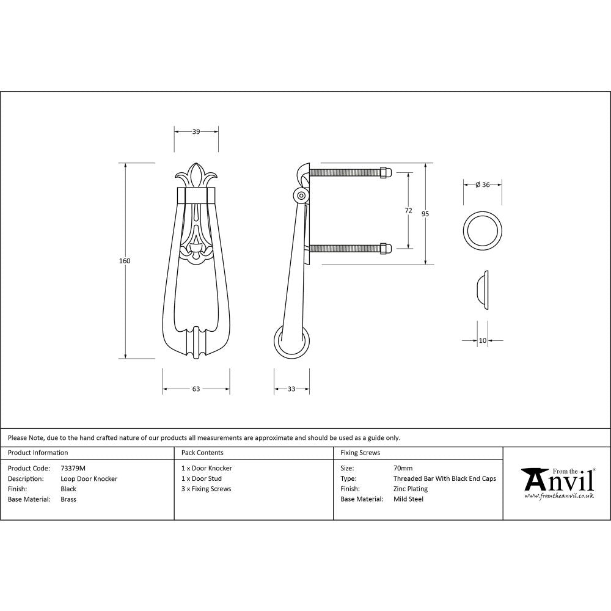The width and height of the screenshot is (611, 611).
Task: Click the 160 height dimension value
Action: coord(125,261)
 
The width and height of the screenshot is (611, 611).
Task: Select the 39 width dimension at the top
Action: coord(196,131)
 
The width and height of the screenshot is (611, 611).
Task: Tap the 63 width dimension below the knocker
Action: coord(196,389)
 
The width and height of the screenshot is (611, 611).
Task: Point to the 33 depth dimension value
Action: coord(291,389)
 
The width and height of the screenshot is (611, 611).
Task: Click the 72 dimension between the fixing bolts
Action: coord(408,211)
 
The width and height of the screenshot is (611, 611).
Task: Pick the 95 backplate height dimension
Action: coord(425,214)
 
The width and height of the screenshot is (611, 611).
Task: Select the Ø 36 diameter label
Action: coord(482,185)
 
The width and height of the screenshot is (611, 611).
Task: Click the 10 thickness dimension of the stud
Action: coord(483,340)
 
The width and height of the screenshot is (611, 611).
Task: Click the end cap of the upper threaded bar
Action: coord(385,172)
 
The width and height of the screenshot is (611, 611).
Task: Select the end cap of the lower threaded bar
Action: coord(385,248)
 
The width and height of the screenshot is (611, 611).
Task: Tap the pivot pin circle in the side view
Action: coord(301,196)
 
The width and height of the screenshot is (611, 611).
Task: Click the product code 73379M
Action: coord(73,468)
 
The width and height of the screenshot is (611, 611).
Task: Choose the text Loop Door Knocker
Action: coord(89,478)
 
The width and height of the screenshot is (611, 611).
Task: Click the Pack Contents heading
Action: coord(202,453)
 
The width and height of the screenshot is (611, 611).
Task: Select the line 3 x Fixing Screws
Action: coord(207,489)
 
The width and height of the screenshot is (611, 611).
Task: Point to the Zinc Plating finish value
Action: coord(411,489)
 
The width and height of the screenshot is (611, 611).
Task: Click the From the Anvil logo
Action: coord(557,483)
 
